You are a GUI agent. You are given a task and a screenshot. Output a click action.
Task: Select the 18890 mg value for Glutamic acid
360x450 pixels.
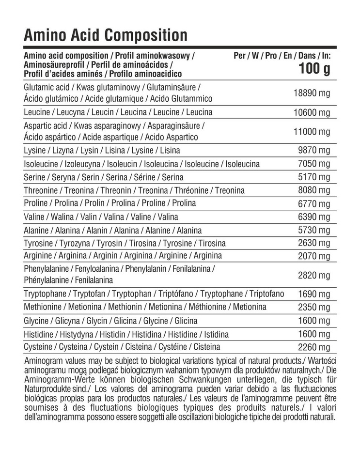312,93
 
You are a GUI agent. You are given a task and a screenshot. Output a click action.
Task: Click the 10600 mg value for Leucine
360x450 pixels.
312,113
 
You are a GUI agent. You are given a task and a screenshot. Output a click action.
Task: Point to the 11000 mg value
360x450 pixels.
312,131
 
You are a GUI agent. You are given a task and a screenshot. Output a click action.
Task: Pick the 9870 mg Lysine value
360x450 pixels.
314,151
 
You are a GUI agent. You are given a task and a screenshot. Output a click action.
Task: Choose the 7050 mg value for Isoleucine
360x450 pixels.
314,164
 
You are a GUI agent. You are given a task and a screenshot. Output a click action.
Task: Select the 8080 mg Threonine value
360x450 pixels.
314,190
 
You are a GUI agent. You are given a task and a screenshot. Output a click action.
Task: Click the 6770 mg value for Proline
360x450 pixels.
314,204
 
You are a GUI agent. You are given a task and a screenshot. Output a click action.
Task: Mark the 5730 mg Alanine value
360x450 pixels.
314,230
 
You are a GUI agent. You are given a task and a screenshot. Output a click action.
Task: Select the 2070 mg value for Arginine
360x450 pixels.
314,256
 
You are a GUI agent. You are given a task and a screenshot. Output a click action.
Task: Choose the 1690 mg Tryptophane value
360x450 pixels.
314,294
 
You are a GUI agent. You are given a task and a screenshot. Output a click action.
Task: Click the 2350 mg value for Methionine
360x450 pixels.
314,307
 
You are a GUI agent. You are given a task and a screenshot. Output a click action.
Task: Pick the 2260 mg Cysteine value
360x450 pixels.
314,347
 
